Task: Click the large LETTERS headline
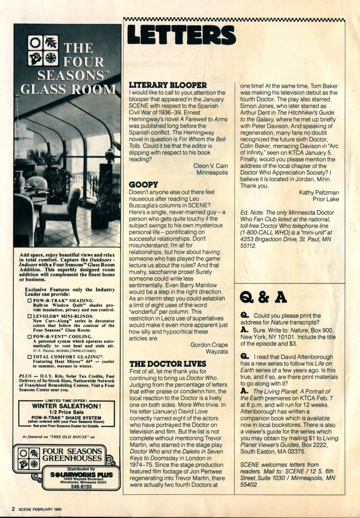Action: click(x=182, y=35)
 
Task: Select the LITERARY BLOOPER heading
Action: click(x=168, y=85)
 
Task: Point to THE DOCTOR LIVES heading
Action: click(x=168, y=364)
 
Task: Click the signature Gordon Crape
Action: click(x=209, y=345)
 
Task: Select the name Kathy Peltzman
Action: click(x=319, y=192)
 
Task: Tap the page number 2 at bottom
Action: click(x=13, y=509)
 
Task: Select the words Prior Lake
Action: click(x=326, y=199)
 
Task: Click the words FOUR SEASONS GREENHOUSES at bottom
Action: click(x=72, y=454)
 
